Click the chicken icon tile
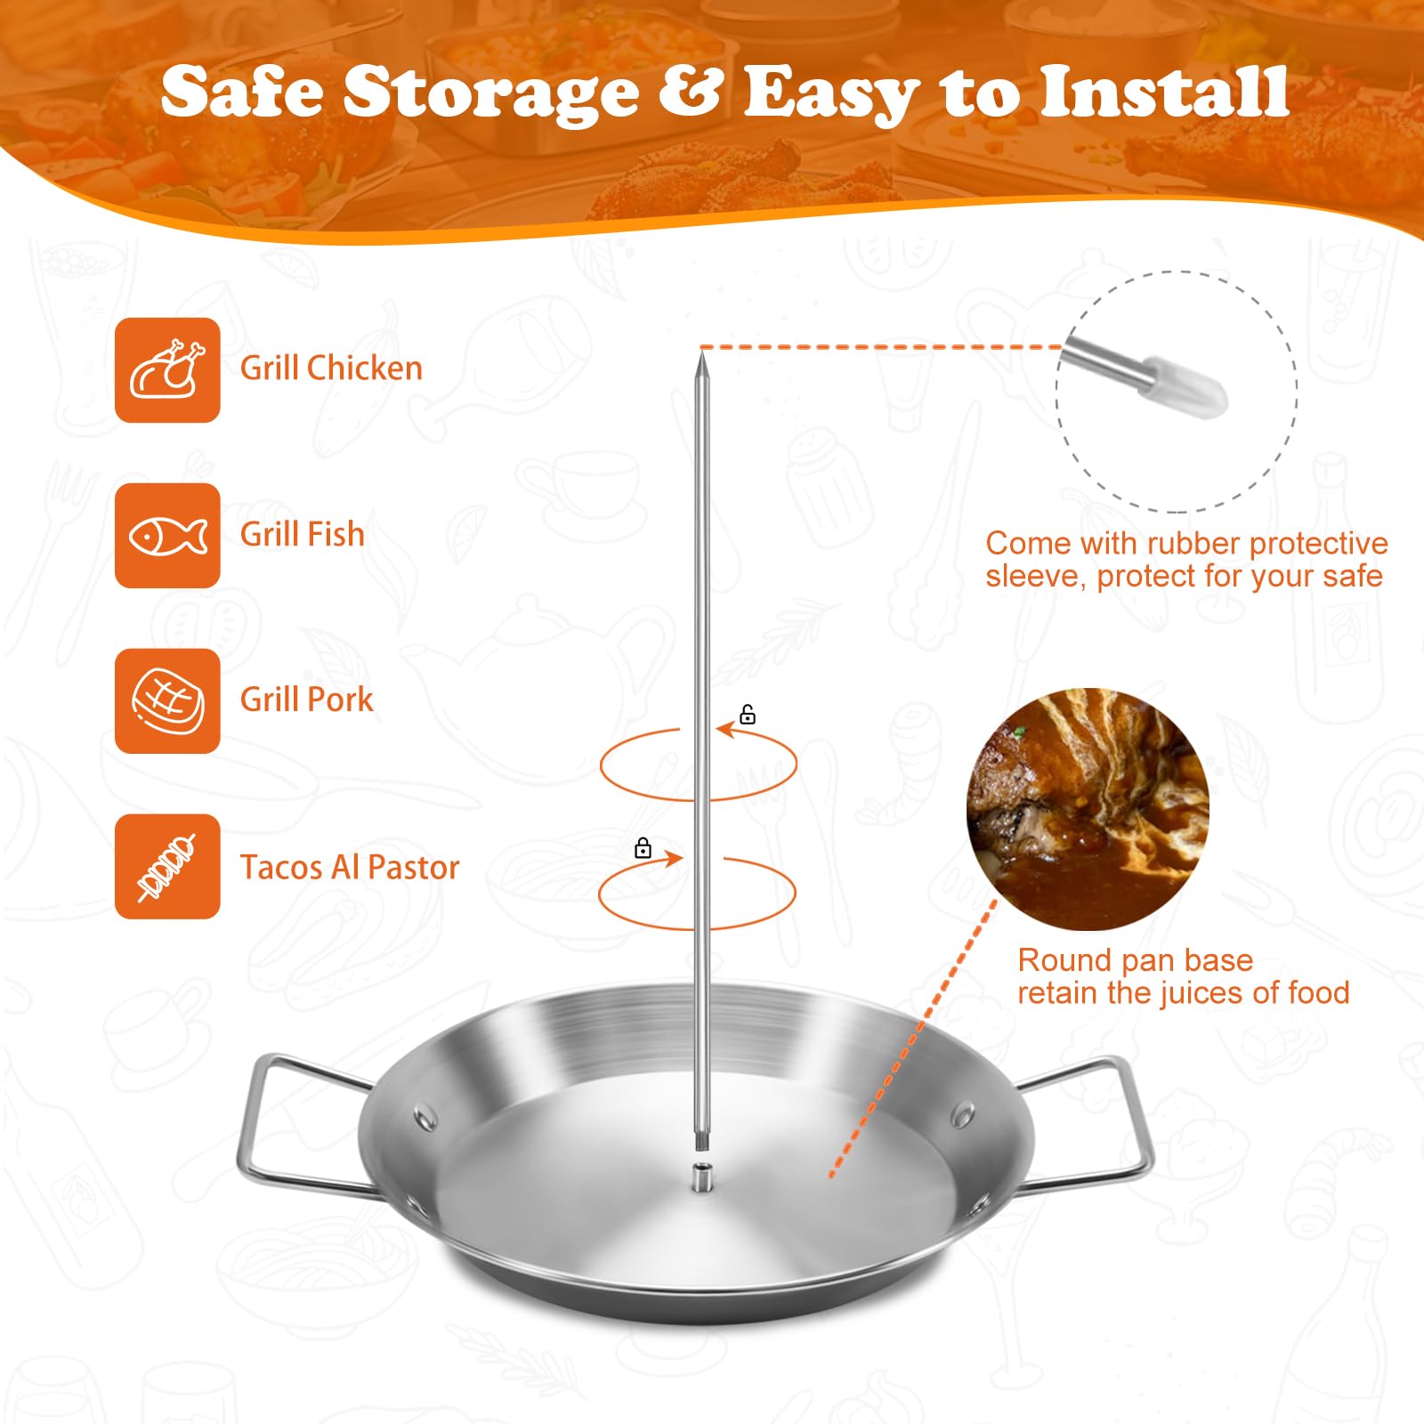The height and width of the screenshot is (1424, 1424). click(167, 369)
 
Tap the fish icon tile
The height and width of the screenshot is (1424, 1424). click(167, 536)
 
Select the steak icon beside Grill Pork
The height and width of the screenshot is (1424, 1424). click(167, 701)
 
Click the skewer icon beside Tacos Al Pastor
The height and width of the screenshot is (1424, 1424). click(167, 867)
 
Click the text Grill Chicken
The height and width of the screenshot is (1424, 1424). click(331, 368)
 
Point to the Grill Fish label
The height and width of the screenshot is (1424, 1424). click(303, 535)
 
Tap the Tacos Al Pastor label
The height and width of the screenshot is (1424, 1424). click(350, 868)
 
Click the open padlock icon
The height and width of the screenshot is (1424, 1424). click(748, 715)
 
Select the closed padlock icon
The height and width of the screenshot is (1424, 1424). click(643, 848)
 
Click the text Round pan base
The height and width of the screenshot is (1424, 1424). click(1135, 960)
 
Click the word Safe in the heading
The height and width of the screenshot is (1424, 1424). click(242, 92)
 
